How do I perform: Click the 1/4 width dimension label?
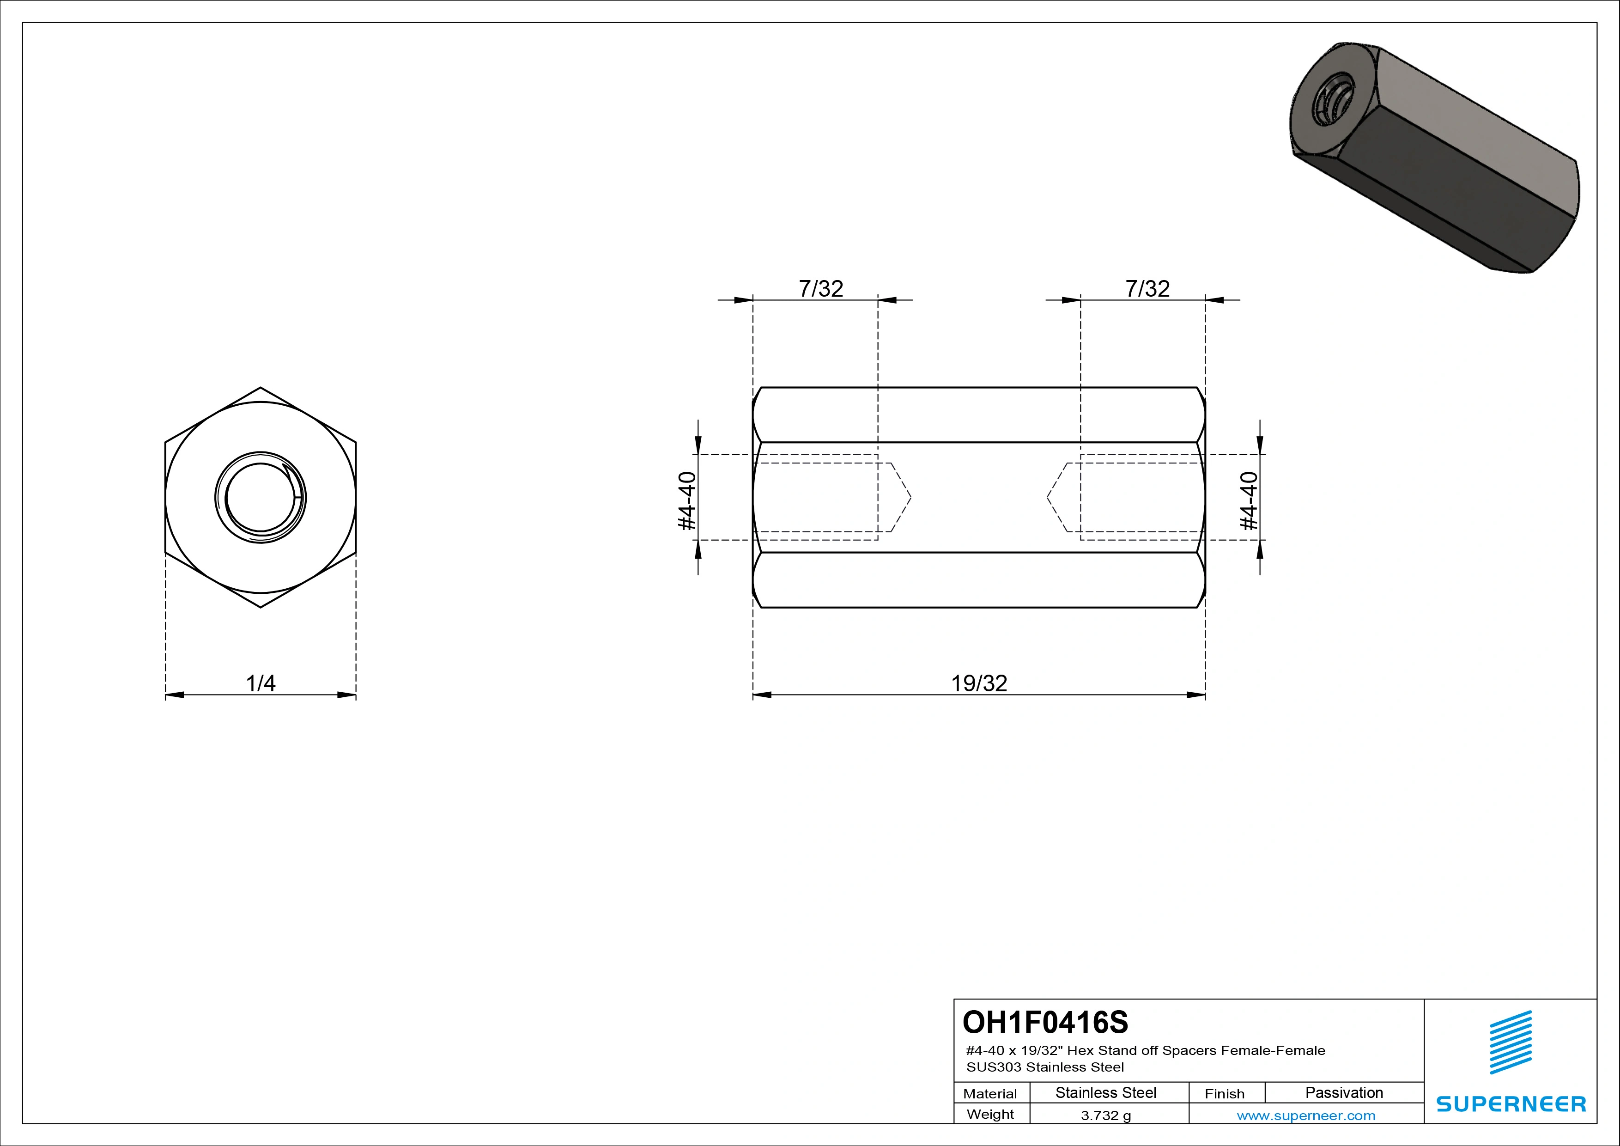[261, 683]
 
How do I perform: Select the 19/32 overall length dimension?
[979, 683]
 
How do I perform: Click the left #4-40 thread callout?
[686, 500]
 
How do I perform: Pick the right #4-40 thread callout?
[1249, 500]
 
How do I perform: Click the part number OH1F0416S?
[1045, 1022]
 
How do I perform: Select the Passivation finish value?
[1343, 1092]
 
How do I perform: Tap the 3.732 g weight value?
[1105, 1116]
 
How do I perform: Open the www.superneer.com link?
[1306, 1116]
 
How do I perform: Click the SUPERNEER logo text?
[1511, 1103]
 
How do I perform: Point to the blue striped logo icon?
[1511, 1042]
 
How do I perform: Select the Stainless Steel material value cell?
[1105, 1092]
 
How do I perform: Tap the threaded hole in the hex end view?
[261, 498]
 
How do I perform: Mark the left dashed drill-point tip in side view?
[910, 498]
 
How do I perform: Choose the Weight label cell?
[990, 1114]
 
